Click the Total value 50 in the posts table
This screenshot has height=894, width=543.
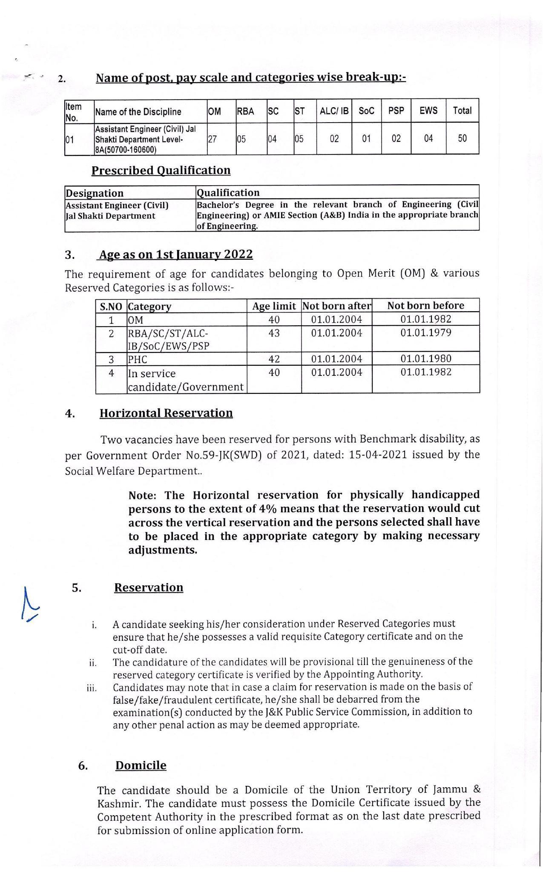pyautogui.click(x=462, y=138)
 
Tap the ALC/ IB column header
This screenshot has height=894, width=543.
pyautogui.click(x=334, y=111)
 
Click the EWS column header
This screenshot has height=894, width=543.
pyautogui.click(x=428, y=111)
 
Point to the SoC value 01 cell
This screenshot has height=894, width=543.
pyautogui.click(x=366, y=138)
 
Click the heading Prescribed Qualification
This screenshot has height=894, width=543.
pyautogui.click(x=161, y=170)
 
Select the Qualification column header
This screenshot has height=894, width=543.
pyautogui.click(x=228, y=192)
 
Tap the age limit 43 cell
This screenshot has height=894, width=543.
pyautogui.click(x=274, y=333)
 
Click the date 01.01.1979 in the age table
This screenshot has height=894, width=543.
pyautogui.click(x=425, y=332)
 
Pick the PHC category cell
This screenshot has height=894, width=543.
pyautogui.click(x=138, y=359)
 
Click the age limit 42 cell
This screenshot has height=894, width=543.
pyautogui.click(x=274, y=359)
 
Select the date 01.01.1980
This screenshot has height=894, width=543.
pyautogui.click(x=425, y=358)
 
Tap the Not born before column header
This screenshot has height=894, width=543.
pyautogui.click(x=425, y=306)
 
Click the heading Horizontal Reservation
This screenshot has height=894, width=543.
pyautogui.click(x=166, y=413)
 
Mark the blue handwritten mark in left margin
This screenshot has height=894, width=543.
pyautogui.click(x=29, y=605)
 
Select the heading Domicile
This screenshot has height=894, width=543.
pyautogui.click(x=141, y=765)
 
